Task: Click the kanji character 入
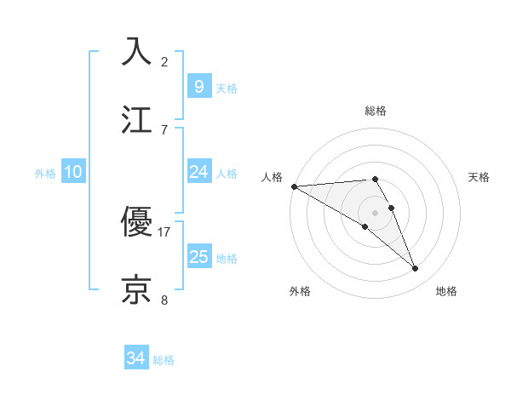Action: [x=136, y=50]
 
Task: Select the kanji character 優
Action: [x=136, y=220]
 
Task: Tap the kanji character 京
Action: [x=136, y=289]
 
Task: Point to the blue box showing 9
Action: [x=198, y=86]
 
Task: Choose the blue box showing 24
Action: [x=198, y=172]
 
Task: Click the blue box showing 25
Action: [x=198, y=256]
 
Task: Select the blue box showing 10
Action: [x=73, y=172]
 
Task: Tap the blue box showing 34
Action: [x=136, y=358]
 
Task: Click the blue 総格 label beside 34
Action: [x=164, y=360]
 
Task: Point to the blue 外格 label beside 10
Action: [x=45, y=173]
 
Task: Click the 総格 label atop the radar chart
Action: [x=376, y=111]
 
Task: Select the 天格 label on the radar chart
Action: [x=479, y=177]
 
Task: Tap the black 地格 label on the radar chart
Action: [x=446, y=291]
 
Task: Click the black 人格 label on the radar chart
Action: [x=272, y=177]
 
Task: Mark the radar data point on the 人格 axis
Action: [x=294, y=186]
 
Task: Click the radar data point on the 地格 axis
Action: [x=416, y=269]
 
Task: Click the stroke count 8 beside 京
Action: [x=164, y=300]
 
